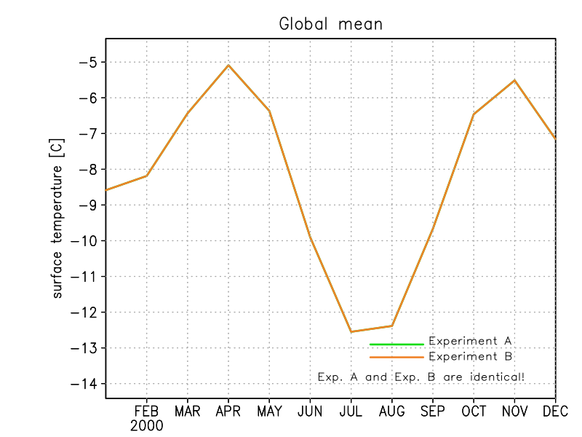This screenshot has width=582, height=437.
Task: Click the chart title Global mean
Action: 331,24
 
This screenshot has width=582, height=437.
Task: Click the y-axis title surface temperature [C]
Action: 57,219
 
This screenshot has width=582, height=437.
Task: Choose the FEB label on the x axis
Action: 147,412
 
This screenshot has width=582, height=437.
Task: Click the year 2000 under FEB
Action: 147,425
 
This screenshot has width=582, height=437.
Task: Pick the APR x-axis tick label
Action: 228,412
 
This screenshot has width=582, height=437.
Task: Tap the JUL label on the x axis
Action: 351,412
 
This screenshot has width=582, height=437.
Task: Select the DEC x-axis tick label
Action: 555,412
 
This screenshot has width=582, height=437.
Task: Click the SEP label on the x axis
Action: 433,412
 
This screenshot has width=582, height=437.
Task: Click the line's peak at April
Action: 228,65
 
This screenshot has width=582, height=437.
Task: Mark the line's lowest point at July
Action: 351,332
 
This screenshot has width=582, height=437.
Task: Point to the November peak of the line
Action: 515,80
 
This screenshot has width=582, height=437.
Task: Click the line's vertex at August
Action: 392,326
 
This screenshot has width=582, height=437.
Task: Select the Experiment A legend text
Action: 470,341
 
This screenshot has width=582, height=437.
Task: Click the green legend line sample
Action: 396,344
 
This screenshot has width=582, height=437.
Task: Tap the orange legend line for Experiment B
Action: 396,358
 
